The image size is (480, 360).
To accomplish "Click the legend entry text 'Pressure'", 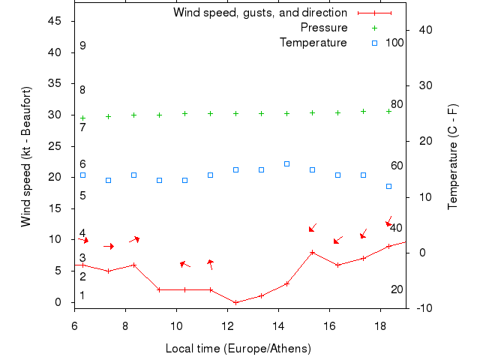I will pyautogui.click(x=323, y=28).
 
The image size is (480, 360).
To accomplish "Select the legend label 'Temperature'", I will pyautogui.click(x=313, y=43).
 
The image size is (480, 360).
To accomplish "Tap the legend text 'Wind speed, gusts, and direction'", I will pyautogui.click(x=260, y=13).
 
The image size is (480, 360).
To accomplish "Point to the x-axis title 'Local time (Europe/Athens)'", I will pyautogui.click(x=238, y=349).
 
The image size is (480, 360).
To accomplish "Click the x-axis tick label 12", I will pyautogui.click(x=227, y=326).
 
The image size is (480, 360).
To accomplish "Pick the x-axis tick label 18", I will pyautogui.click(x=380, y=326).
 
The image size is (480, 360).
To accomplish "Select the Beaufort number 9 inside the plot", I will pyautogui.click(x=82, y=46).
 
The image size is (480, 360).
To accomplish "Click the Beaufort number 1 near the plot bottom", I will pyautogui.click(x=82, y=295).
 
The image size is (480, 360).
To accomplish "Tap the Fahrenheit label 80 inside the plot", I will pyautogui.click(x=397, y=104).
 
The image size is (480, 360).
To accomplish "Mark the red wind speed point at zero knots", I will pyautogui.click(x=235, y=302).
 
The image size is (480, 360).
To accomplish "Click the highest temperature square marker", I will pyautogui.click(x=286, y=163).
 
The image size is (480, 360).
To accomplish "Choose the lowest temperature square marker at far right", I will pyautogui.click(x=388, y=186).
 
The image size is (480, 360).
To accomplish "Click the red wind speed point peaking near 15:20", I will pyautogui.click(x=312, y=252).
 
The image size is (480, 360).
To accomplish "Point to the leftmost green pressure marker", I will pyautogui.click(x=82, y=118).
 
